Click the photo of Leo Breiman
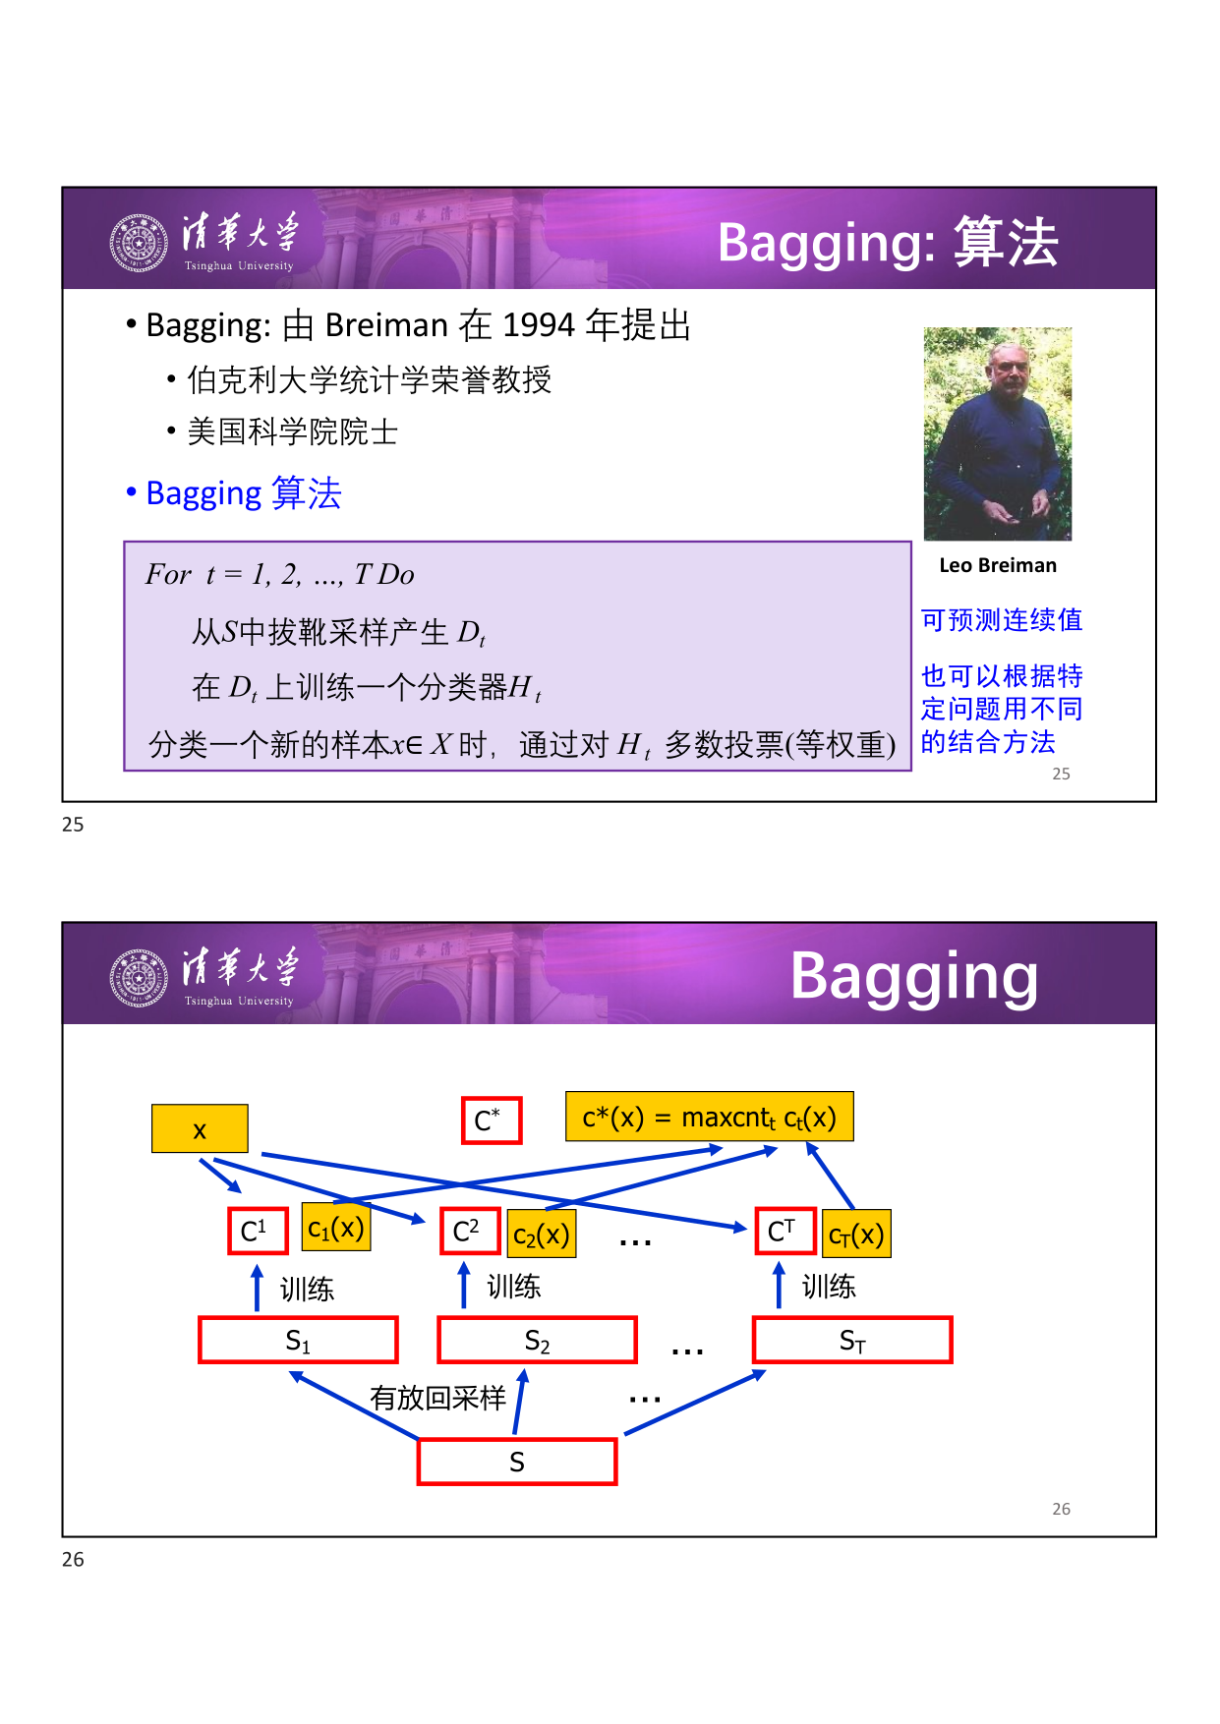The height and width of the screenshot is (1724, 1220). point(998,433)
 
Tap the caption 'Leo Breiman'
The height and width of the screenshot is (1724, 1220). point(998,565)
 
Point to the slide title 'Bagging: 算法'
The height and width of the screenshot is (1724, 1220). point(888,242)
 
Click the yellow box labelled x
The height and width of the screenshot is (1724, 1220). point(200,1128)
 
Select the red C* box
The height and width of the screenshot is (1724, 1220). point(492,1121)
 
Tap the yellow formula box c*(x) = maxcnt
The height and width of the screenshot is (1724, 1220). point(710,1117)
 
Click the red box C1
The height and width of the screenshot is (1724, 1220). point(258,1231)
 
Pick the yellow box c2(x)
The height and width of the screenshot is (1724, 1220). point(542,1235)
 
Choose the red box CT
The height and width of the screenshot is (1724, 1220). point(785,1231)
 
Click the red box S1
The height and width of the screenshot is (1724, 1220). point(298,1340)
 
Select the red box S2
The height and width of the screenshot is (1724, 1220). point(538,1340)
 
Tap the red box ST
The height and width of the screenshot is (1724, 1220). point(852,1340)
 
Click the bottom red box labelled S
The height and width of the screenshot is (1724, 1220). point(517,1462)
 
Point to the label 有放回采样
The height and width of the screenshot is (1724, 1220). point(437,1398)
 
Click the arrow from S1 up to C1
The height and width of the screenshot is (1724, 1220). point(258,1287)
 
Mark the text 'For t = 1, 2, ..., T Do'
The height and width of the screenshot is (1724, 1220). point(280,574)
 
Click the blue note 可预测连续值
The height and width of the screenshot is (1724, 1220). point(1002,620)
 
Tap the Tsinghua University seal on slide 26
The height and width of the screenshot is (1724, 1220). point(139,978)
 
